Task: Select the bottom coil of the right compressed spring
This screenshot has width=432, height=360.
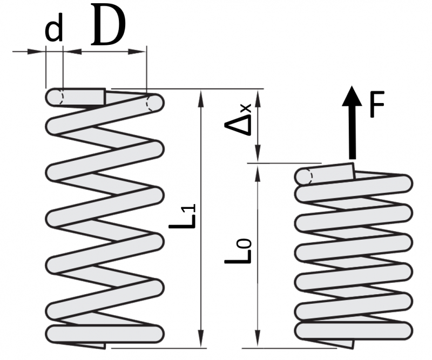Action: tap(354, 329)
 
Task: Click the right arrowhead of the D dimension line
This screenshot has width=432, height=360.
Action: tap(141, 52)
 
